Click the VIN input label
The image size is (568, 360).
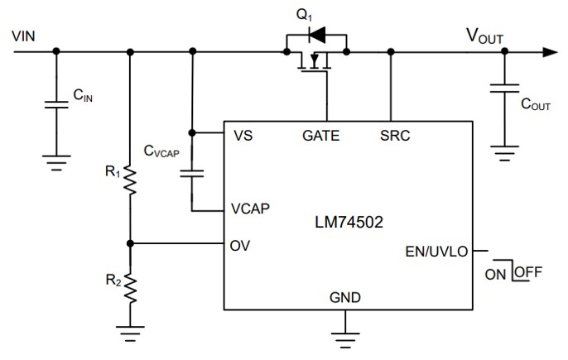click(24, 37)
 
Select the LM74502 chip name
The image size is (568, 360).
click(349, 222)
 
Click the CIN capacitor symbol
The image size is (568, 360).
click(56, 105)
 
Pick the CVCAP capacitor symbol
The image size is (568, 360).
click(193, 172)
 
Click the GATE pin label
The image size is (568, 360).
click(321, 135)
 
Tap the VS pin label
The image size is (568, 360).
click(243, 135)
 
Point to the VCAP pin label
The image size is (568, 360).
click(250, 208)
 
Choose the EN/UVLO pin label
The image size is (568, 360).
click(436, 250)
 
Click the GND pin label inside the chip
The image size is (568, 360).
click(345, 296)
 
